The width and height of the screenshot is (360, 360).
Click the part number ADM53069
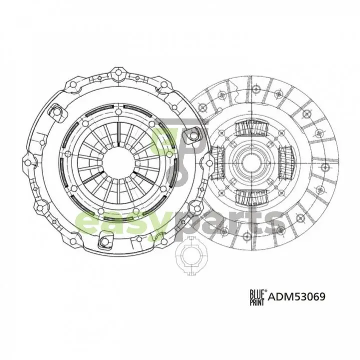click(296, 296)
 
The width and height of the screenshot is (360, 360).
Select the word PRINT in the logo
click(257, 302)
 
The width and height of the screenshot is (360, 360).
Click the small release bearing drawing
click(190, 256)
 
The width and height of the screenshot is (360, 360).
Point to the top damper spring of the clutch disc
click(252, 129)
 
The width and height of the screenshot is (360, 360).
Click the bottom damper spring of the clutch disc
click(252, 197)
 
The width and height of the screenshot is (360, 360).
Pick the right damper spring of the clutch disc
click(286, 163)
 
